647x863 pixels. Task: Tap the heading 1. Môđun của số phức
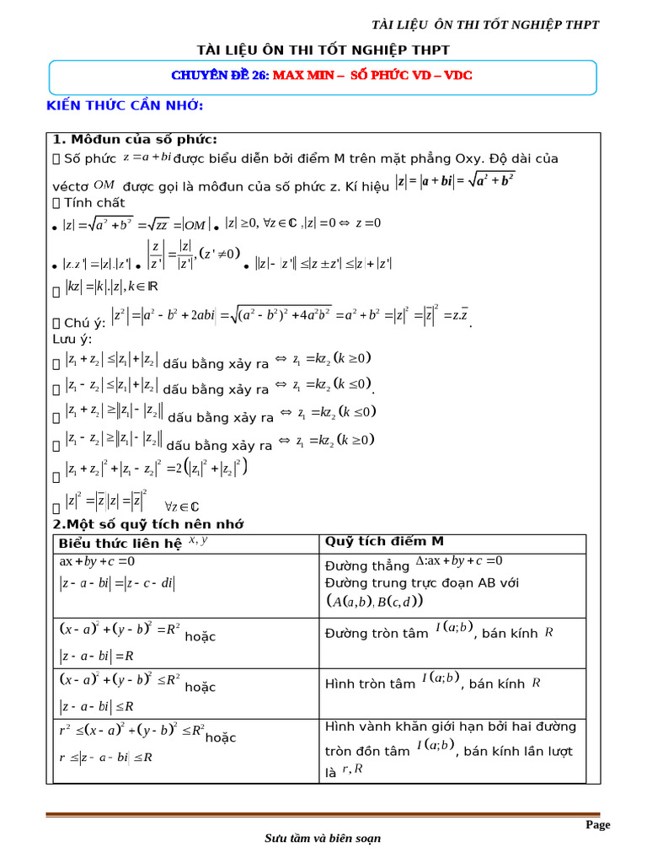[x=135, y=140]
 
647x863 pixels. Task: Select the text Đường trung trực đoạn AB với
[x=421, y=582]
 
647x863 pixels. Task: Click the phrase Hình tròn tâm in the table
[x=370, y=683]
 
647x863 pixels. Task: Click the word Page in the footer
[x=598, y=825]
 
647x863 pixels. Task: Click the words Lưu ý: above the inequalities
[x=72, y=339]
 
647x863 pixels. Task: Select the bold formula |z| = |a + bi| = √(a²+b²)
[x=455, y=181]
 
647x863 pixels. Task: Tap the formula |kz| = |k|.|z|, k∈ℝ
[x=112, y=287]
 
